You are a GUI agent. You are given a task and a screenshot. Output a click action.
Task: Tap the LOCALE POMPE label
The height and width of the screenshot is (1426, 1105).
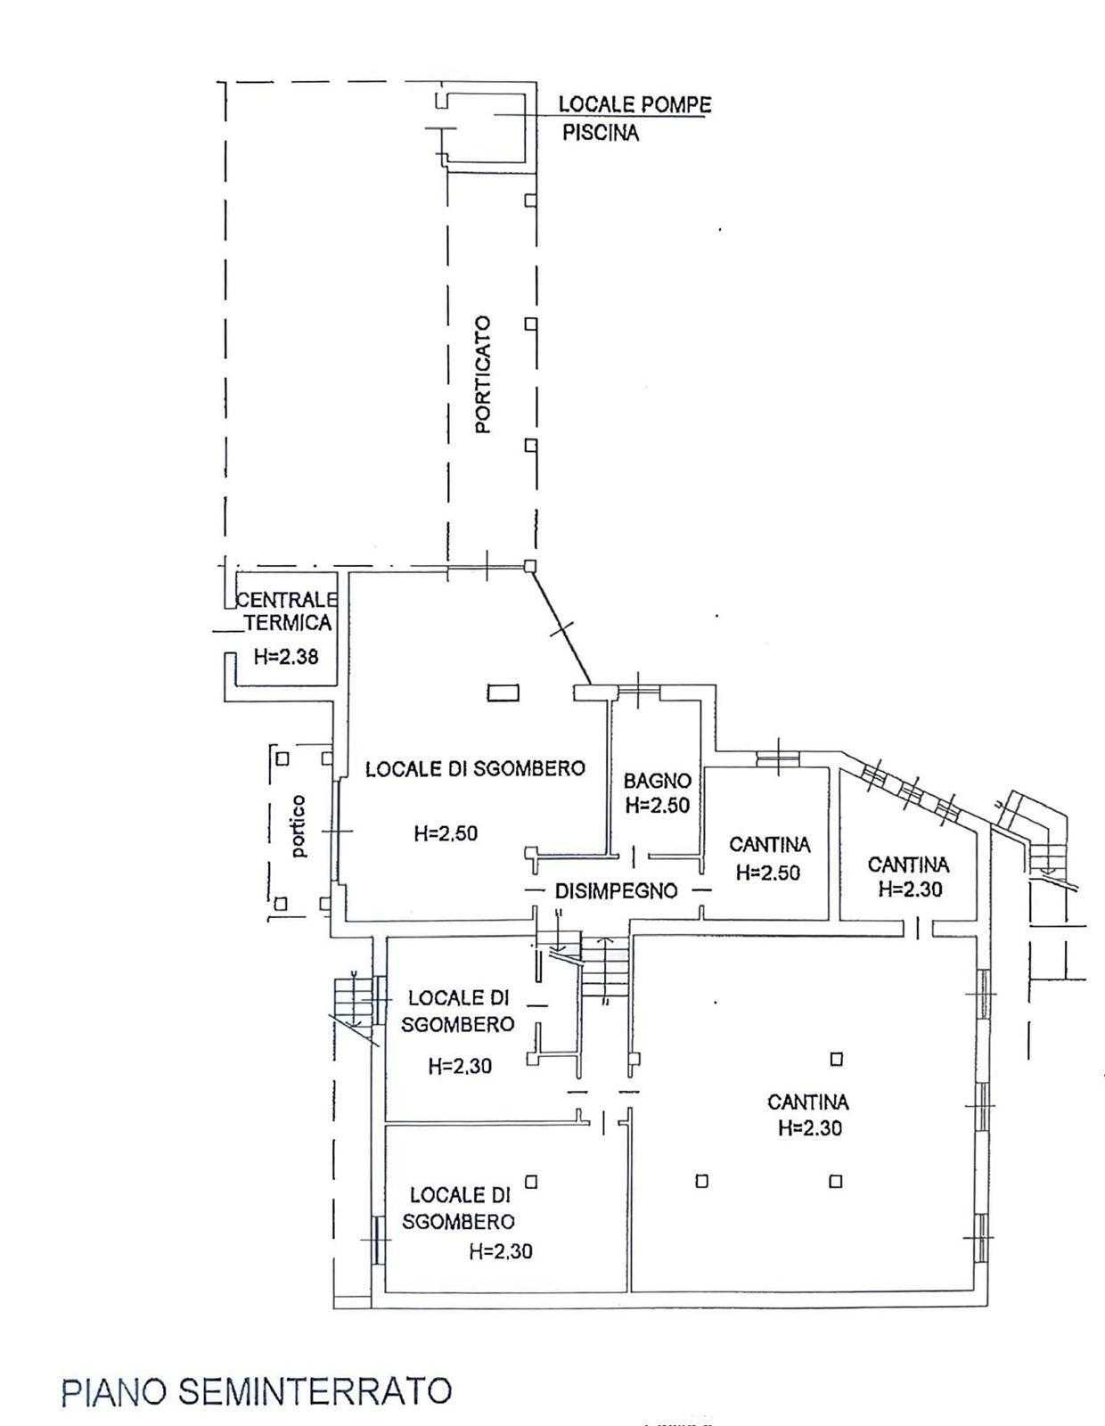(x=634, y=104)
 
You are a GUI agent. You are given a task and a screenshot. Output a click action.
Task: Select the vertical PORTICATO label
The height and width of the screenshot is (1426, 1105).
(x=484, y=374)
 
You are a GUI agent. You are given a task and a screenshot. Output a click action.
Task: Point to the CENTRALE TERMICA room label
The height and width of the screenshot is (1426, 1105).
(x=288, y=611)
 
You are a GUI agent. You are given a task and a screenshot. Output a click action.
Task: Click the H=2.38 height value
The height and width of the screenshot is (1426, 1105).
(x=286, y=656)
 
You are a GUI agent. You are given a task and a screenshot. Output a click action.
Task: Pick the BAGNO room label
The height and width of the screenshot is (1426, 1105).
(x=658, y=781)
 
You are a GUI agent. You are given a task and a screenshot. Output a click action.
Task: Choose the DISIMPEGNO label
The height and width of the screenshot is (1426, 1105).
(x=616, y=891)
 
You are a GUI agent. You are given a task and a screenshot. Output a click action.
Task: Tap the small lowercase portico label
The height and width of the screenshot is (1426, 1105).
(x=299, y=826)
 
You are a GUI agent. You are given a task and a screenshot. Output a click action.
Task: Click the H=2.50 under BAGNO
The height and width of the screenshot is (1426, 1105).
(x=658, y=805)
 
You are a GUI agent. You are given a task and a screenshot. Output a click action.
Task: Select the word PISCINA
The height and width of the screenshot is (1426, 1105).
(x=601, y=133)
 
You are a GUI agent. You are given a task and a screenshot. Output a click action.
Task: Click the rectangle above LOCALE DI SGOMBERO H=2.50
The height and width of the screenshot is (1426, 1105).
(x=503, y=693)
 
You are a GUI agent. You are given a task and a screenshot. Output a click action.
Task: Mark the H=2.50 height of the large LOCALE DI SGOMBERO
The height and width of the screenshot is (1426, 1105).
(x=446, y=833)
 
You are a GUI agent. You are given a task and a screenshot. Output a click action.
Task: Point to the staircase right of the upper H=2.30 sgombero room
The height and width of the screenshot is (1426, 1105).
(x=605, y=968)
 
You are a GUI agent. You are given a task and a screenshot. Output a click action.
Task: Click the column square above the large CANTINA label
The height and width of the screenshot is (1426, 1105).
(x=836, y=1059)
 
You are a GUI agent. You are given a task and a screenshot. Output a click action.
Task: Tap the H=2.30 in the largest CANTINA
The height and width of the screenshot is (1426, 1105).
(x=810, y=1127)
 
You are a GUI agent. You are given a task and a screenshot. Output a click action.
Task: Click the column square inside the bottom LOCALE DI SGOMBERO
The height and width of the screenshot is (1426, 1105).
(x=531, y=1182)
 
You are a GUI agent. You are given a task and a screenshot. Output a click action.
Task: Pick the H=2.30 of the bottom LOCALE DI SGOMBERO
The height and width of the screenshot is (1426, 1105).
(x=501, y=1251)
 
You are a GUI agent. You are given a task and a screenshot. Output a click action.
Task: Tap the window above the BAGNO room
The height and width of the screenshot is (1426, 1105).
(x=639, y=688)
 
